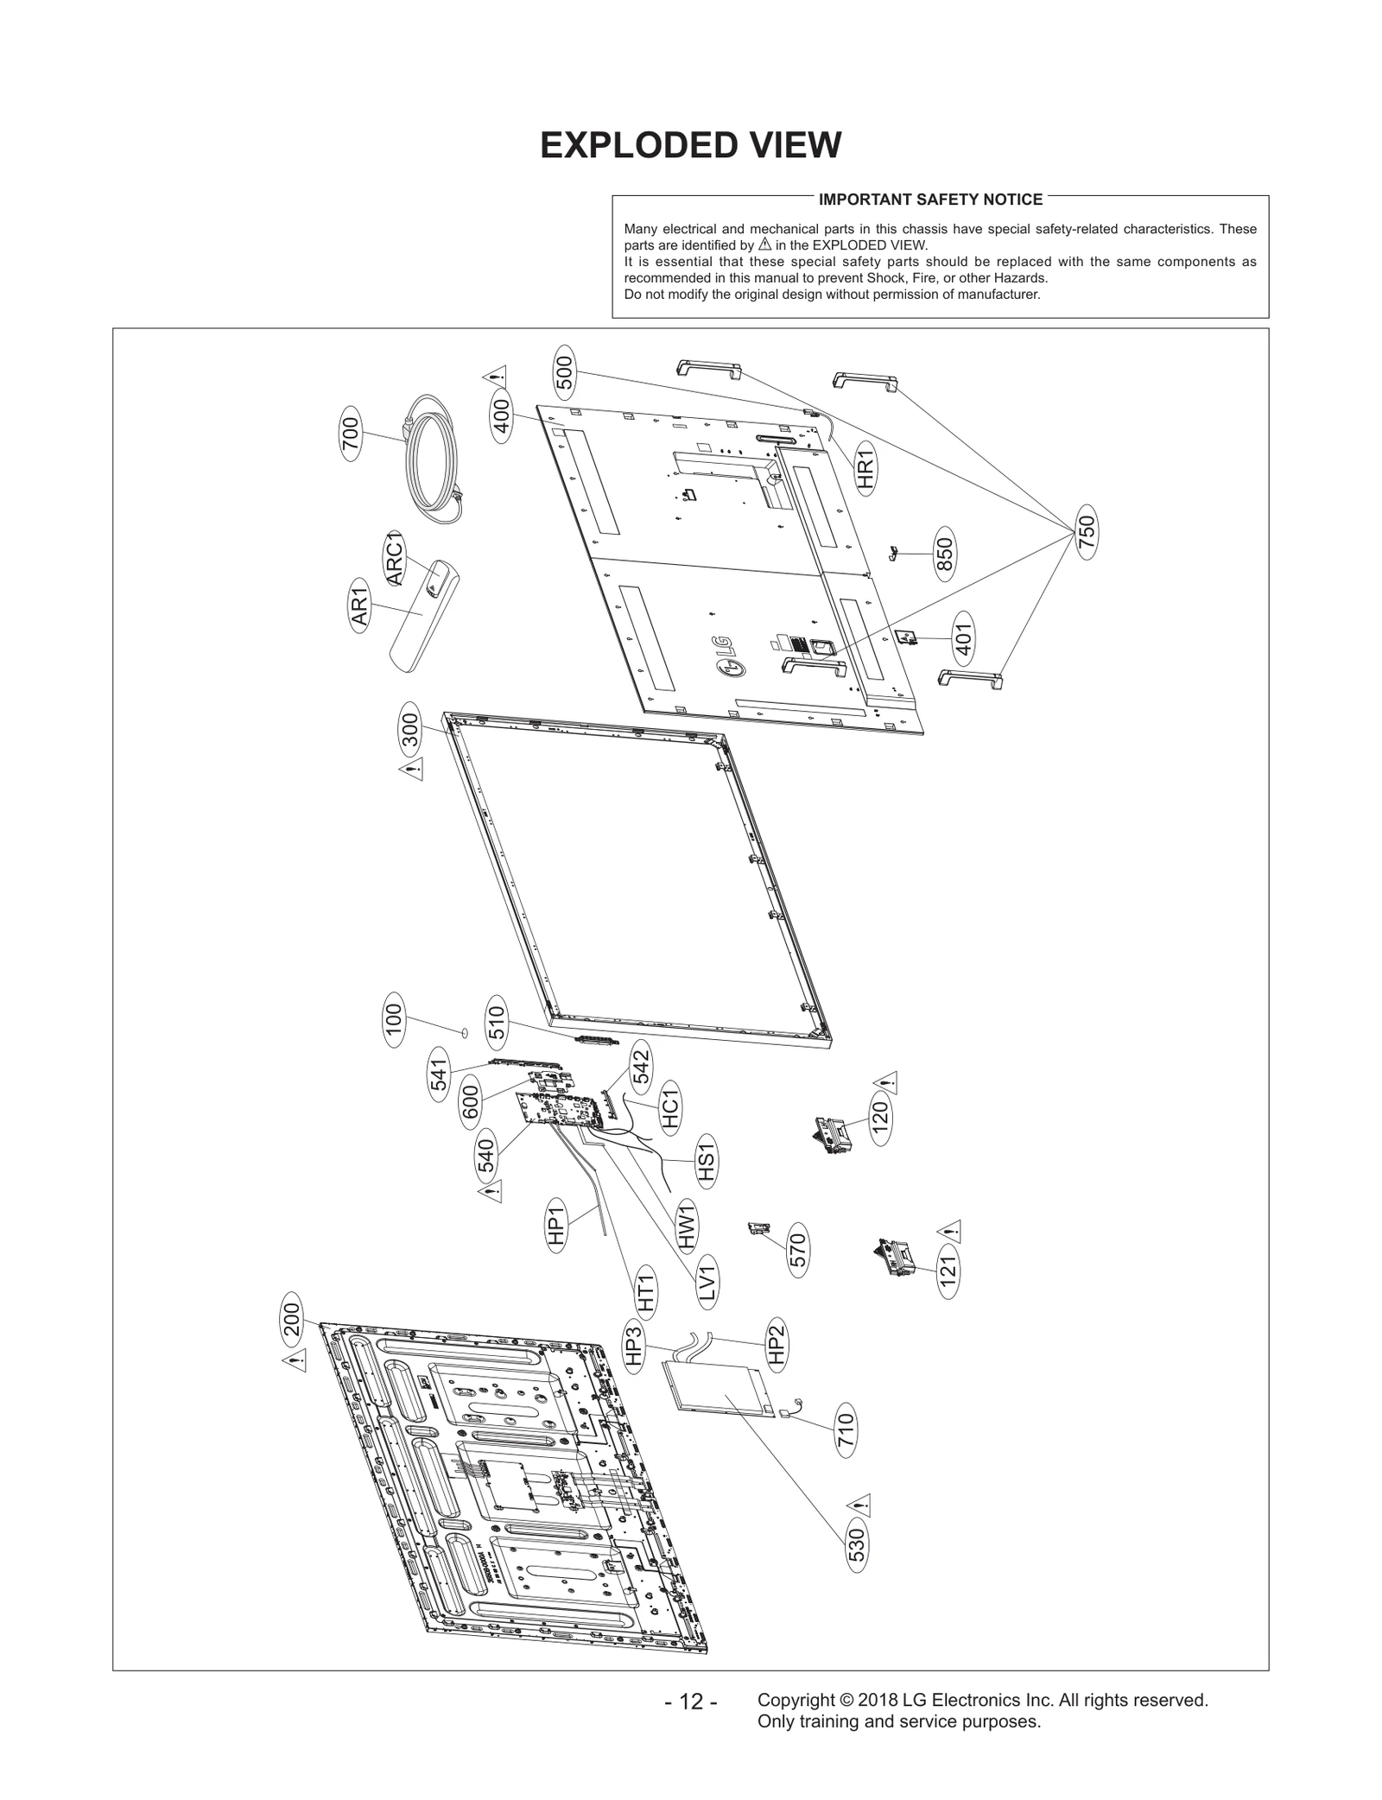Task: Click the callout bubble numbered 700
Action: point(350,438)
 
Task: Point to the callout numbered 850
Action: point(944,554)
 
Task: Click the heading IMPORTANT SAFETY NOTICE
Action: point(930,200)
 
